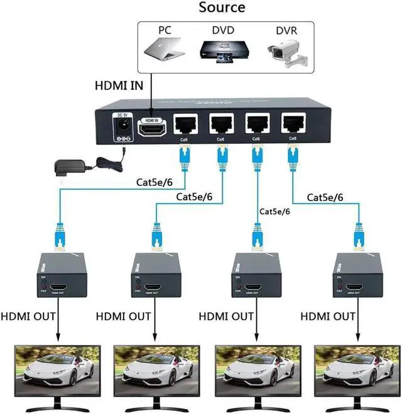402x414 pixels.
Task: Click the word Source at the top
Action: (x=222, y=9)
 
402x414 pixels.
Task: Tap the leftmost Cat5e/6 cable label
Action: (x=161, y=183)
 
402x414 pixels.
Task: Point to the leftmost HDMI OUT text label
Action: (x=31, y=314)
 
